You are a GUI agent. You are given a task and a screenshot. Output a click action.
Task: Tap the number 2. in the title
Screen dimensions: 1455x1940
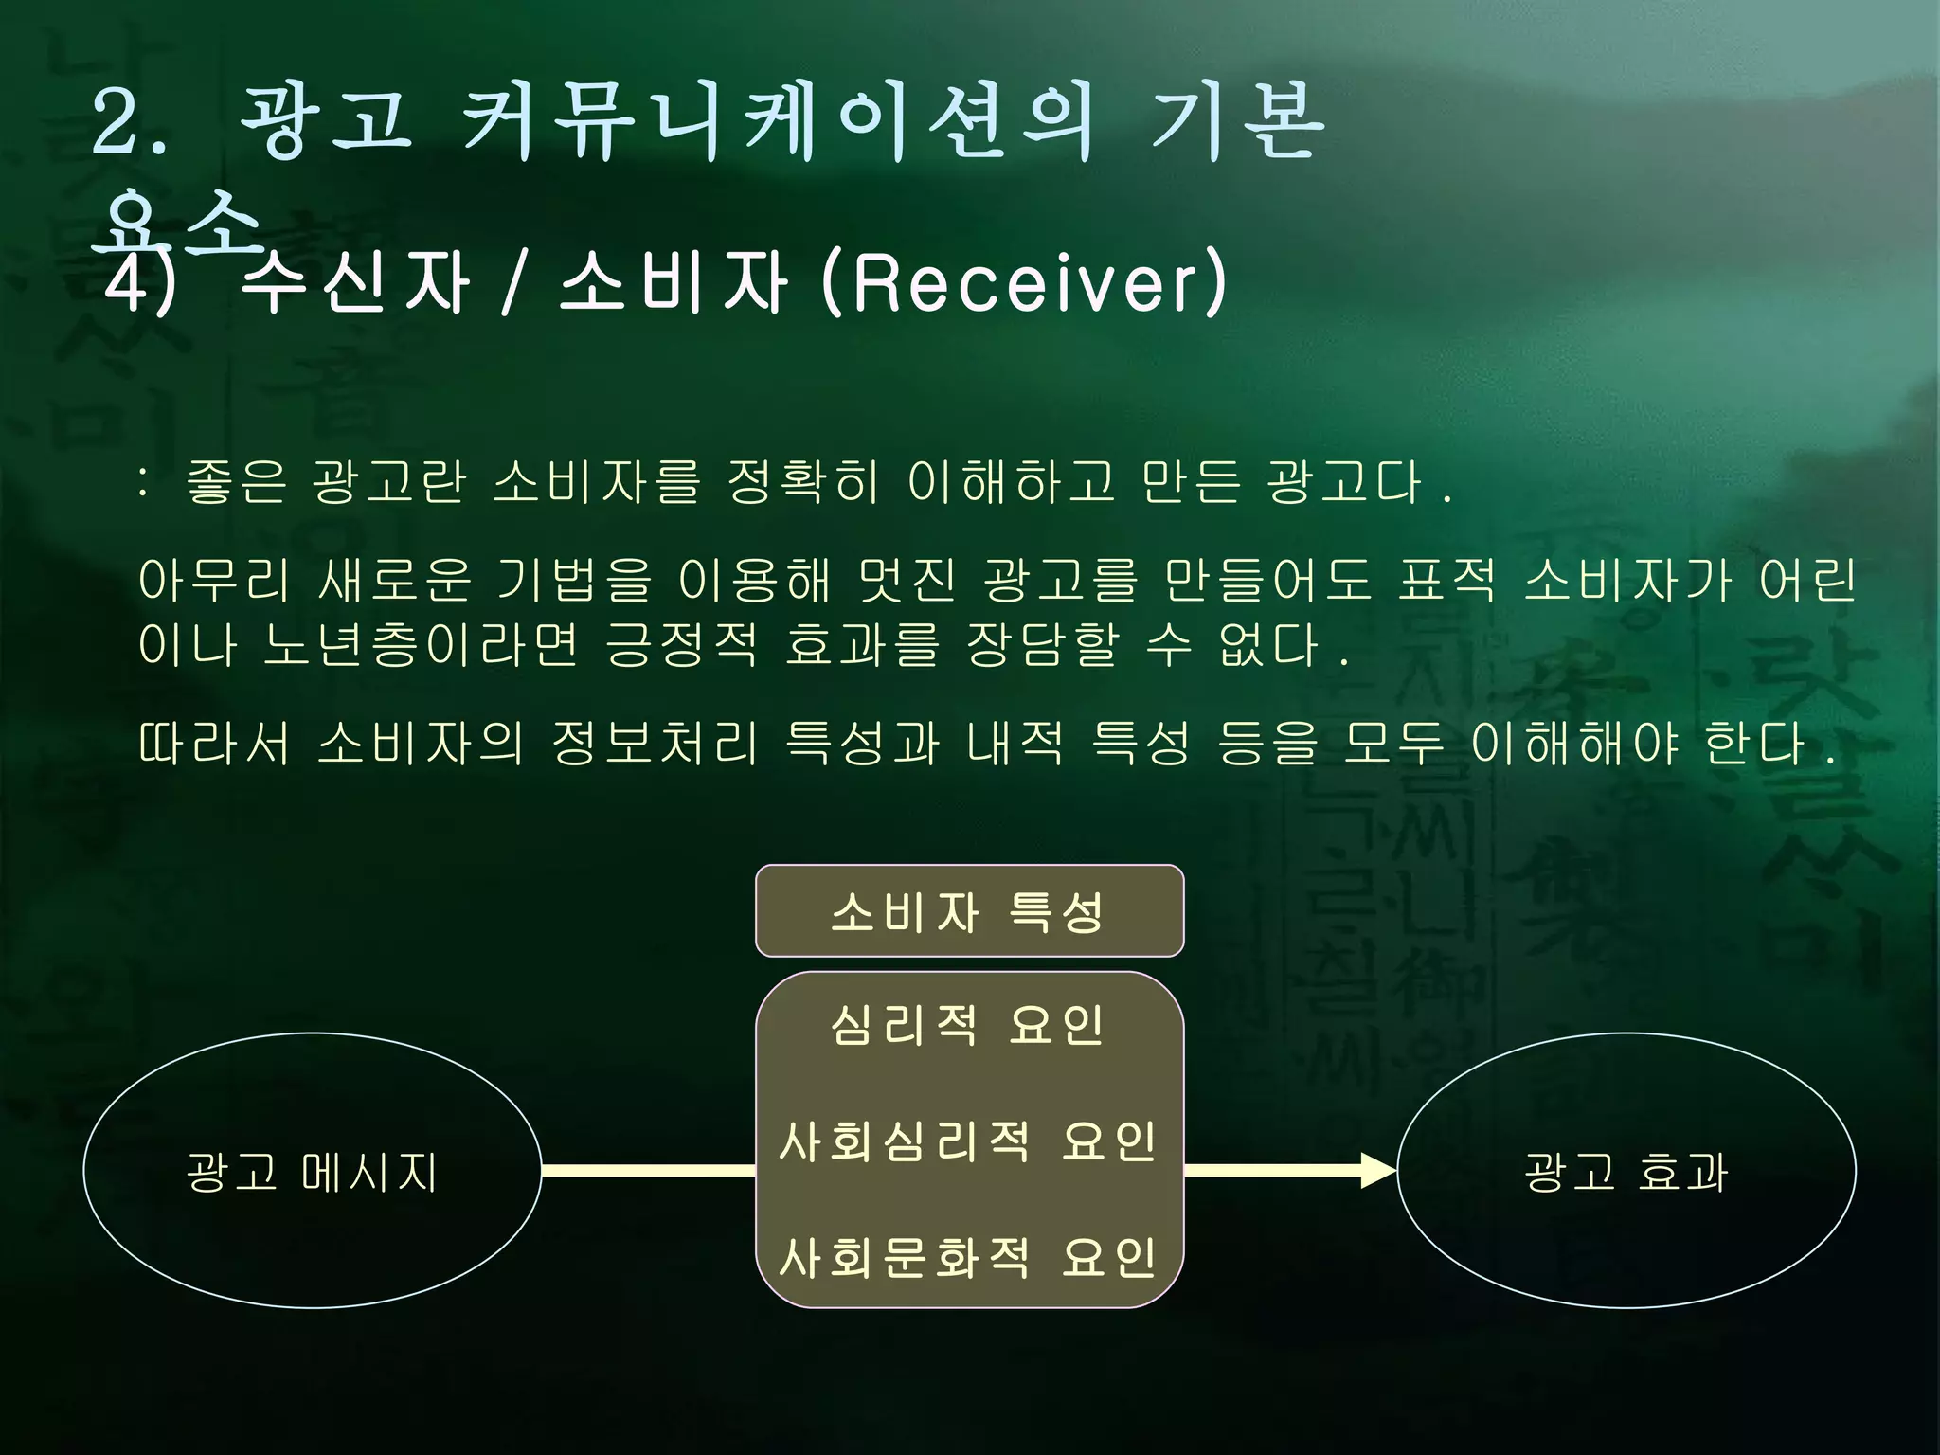(130, 123)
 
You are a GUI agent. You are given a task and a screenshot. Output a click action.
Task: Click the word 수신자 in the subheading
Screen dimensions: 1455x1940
(355, 282)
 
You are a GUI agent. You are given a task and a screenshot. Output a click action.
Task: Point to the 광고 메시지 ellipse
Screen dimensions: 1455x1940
(313, 1171)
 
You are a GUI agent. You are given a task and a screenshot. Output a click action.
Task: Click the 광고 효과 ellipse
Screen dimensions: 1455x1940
(1626, 1171)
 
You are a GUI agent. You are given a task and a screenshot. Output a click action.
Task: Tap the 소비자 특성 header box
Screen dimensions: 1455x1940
(969, 911)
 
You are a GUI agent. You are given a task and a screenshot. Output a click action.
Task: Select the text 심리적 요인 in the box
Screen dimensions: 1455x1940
(968, 1025)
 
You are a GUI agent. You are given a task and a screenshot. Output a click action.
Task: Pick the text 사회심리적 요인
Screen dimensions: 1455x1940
(968, 1141)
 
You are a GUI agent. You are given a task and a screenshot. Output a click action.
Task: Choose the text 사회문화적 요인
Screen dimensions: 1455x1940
(968, 1257)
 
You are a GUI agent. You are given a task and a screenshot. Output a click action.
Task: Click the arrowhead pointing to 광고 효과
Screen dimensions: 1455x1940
(1378, 1171)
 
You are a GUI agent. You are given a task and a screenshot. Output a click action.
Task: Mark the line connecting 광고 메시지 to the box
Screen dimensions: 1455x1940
(648, 1171)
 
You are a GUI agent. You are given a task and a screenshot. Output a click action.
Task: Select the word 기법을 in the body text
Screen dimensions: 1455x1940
(575, 580)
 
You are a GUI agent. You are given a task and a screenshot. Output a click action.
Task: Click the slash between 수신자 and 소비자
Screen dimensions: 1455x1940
(512, 282)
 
